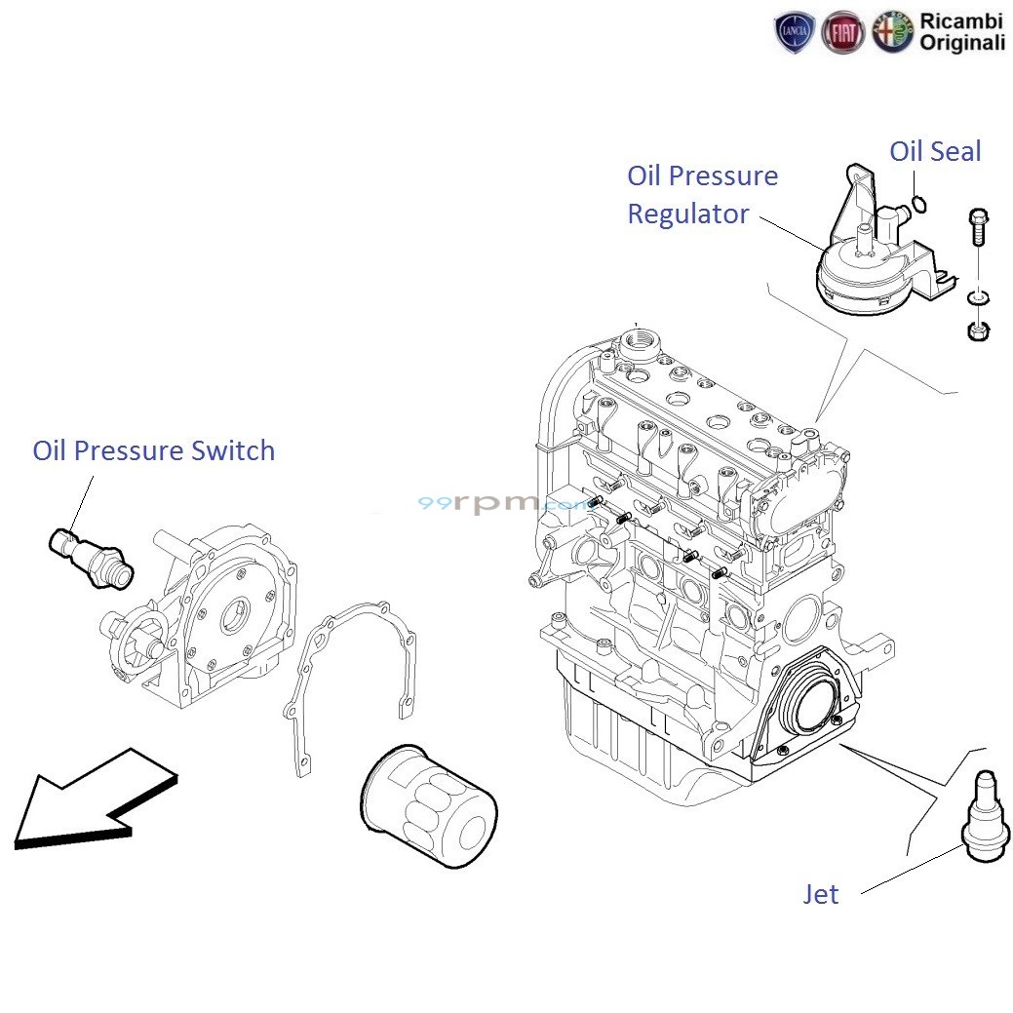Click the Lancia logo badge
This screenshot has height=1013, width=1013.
click(794, 33)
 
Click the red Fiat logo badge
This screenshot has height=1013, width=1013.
click(841, 33)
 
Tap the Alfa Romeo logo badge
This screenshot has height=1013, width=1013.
click(891, 32)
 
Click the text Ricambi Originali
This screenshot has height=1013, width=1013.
click(960, 32)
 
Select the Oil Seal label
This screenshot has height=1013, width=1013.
click(934, 151)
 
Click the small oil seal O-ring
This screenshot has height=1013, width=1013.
click(916, 204)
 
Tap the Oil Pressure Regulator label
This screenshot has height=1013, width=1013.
click(701, 194)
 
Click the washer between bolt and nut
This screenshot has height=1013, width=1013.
click(977, 295)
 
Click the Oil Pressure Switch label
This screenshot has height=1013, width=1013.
click(153, 450)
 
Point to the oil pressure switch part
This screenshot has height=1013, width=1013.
click(90, 555)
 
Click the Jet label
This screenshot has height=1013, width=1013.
click(820, 894)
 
